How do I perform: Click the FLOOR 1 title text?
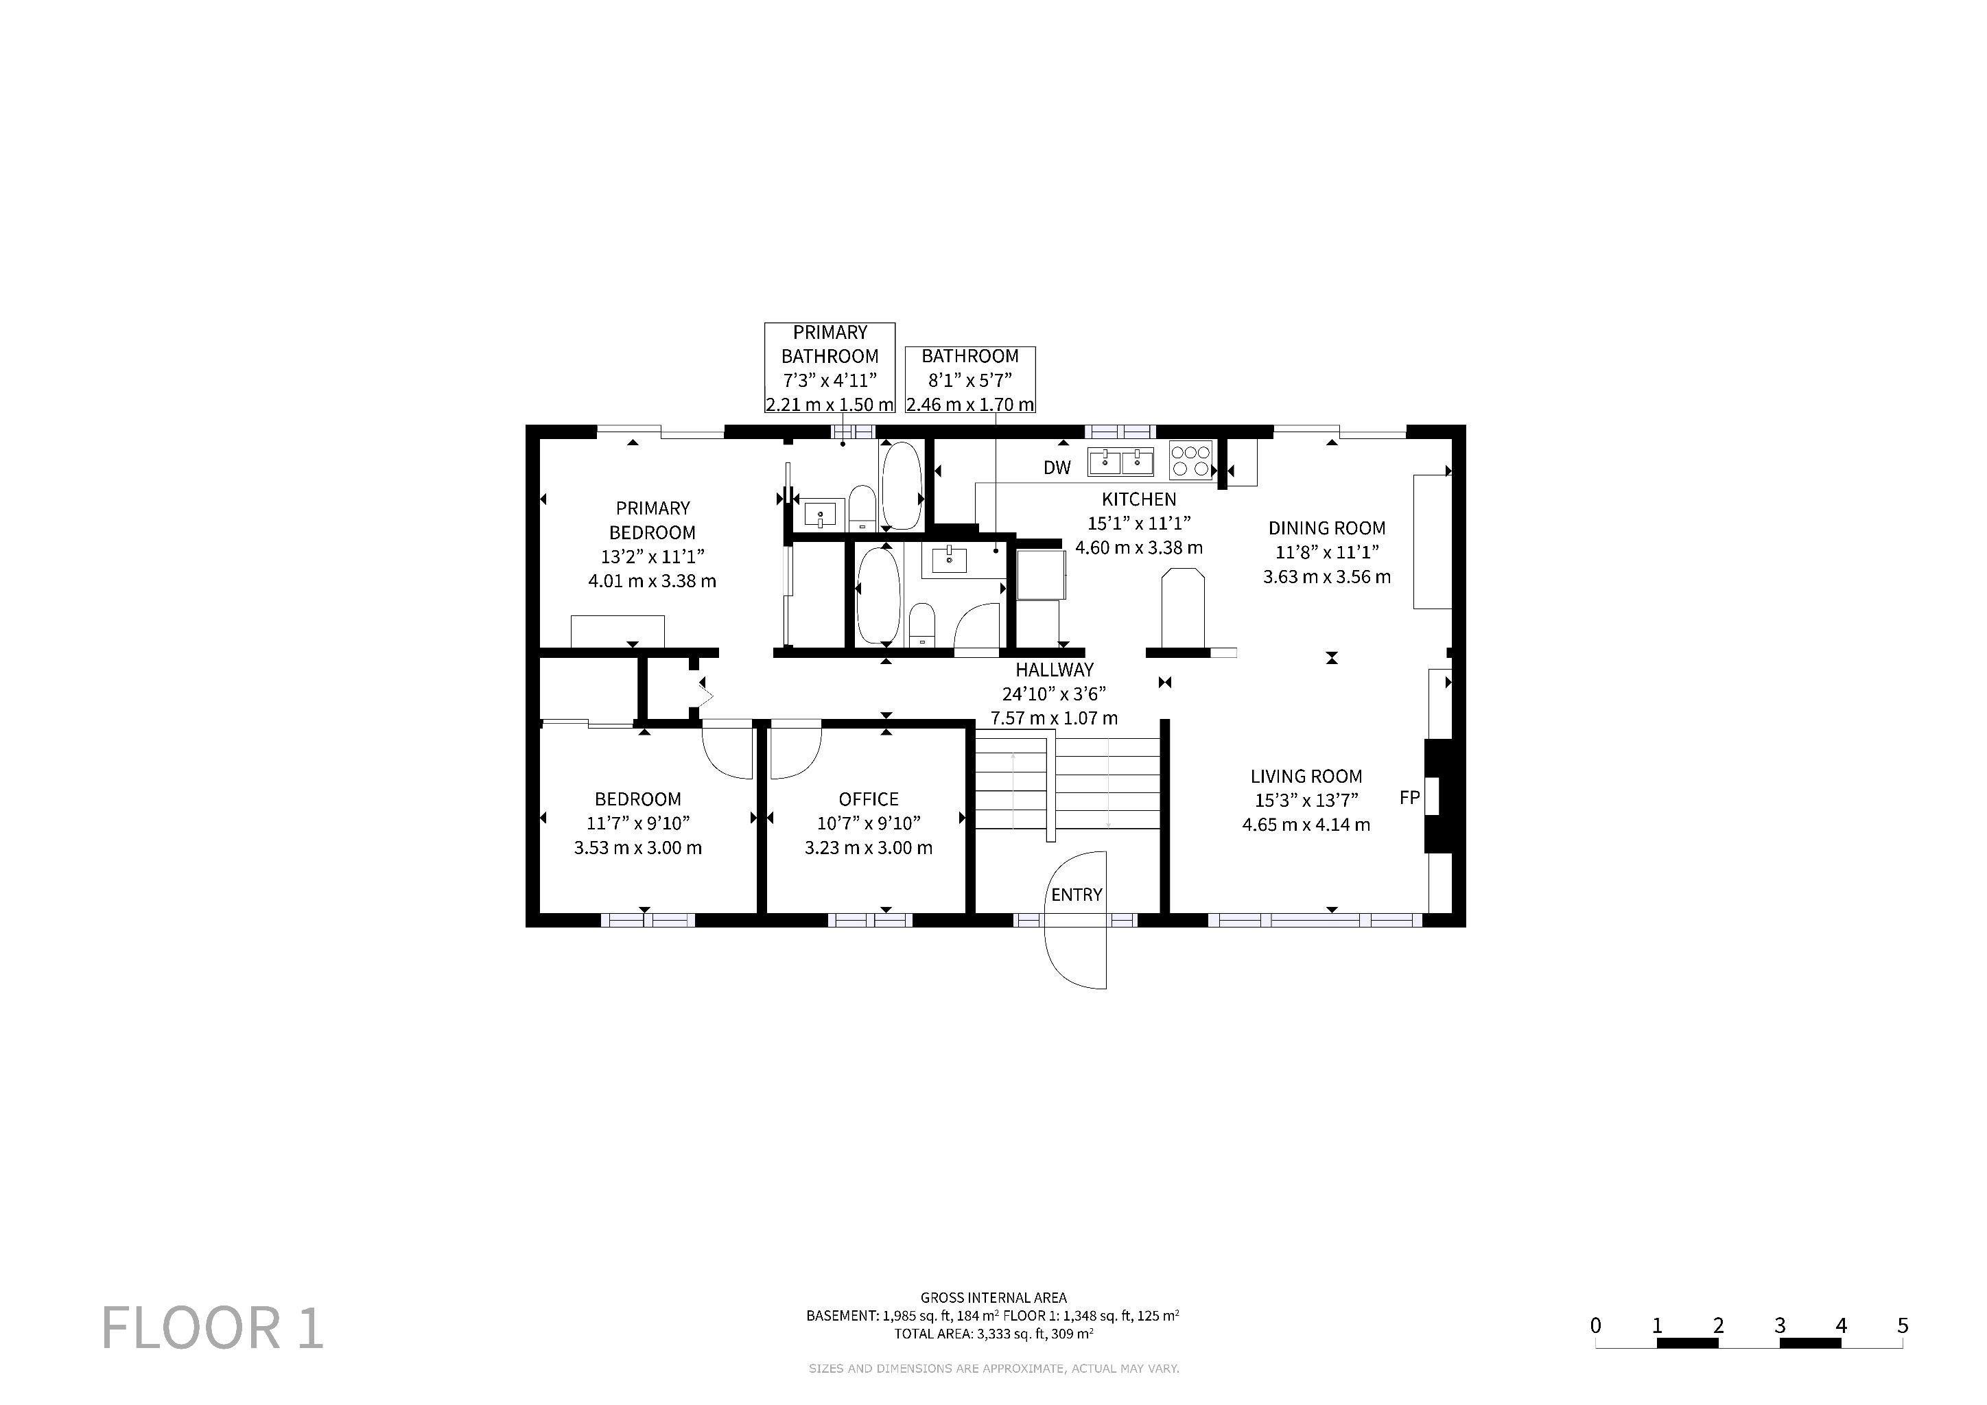coord(213,1328)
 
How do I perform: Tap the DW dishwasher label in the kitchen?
coord(1057,468)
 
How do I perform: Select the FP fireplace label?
coord(1410,798)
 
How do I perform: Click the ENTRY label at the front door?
coord(1077,895)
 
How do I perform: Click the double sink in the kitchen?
coord(1120,463)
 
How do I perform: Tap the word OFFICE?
coord(868,799)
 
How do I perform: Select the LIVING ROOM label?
coord(1306,777)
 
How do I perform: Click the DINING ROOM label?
coord(1327,528)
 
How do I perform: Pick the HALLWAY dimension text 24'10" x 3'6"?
coord(1054,694)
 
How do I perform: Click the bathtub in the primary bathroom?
coord(901,485)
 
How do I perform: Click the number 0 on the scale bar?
coord(1595,1325)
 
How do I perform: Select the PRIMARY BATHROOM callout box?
coord(830,368)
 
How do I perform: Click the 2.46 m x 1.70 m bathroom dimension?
coord(970,404)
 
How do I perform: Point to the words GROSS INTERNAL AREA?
coord(993,1298)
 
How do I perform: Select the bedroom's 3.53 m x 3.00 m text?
coord(638,848)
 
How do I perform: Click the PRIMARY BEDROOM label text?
coord(652,520)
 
